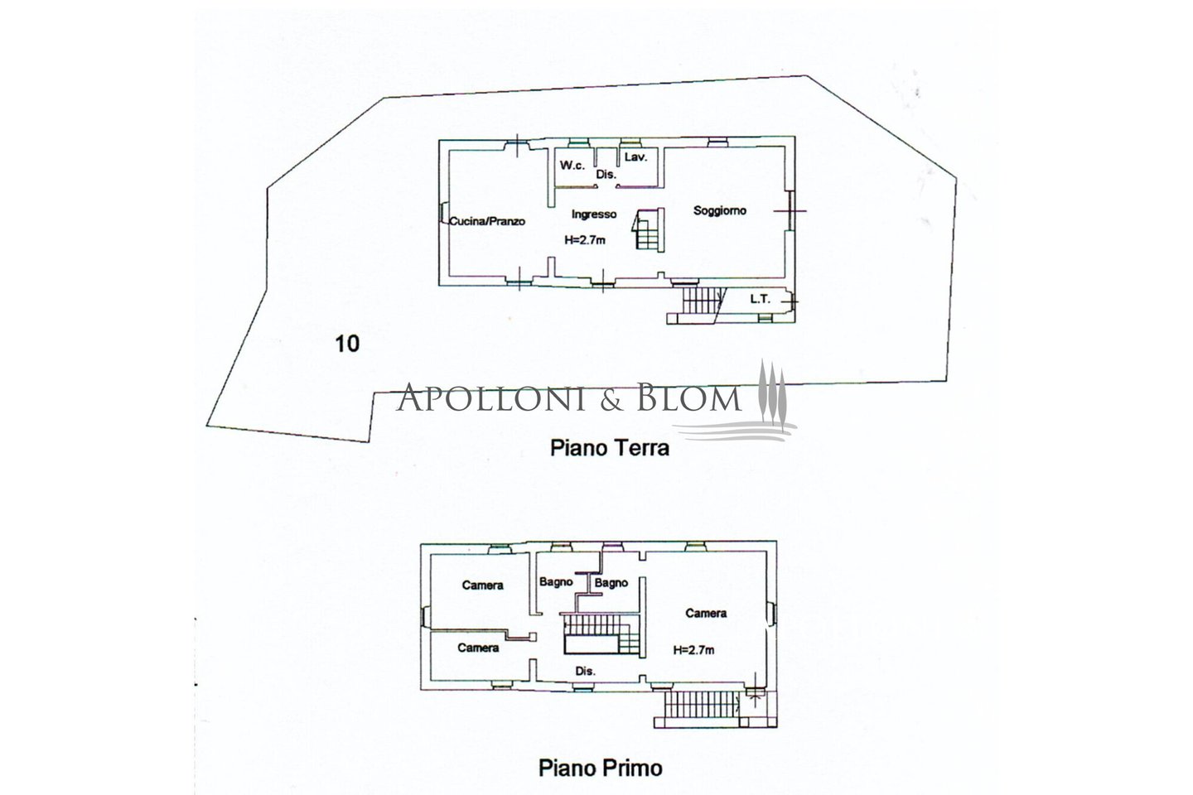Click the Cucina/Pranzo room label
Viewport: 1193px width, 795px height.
click(x=487, y=221)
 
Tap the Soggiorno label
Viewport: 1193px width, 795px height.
click(x=719, y=211)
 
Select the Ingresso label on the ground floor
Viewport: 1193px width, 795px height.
click(x=594, y=214)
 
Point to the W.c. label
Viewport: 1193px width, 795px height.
click(x=572, y=166)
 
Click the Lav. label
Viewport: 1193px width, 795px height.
click(x=635, y=157)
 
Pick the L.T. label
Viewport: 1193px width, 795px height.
click(x=760, y=299)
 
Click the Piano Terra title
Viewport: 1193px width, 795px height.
click(x=609, y=448)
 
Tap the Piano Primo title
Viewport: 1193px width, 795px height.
click(x=600, y=768)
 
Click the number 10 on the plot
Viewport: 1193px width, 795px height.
click(x=347, y=344)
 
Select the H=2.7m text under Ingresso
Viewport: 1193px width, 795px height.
click(x=585, y=240)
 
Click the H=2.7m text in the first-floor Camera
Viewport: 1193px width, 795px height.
click(x=693, y=649)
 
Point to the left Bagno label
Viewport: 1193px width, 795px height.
click(x=555, y=582)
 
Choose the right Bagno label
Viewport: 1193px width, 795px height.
click(x=611, y=583)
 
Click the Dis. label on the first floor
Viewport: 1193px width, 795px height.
click(x=585, y=672)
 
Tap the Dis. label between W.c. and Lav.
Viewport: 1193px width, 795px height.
click(x=606, y=175)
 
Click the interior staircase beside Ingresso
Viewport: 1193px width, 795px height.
click(x=649, y=229)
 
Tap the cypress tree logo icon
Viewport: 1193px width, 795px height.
click(x=771, y=392)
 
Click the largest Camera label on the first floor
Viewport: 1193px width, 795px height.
click(x=706, y=614)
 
